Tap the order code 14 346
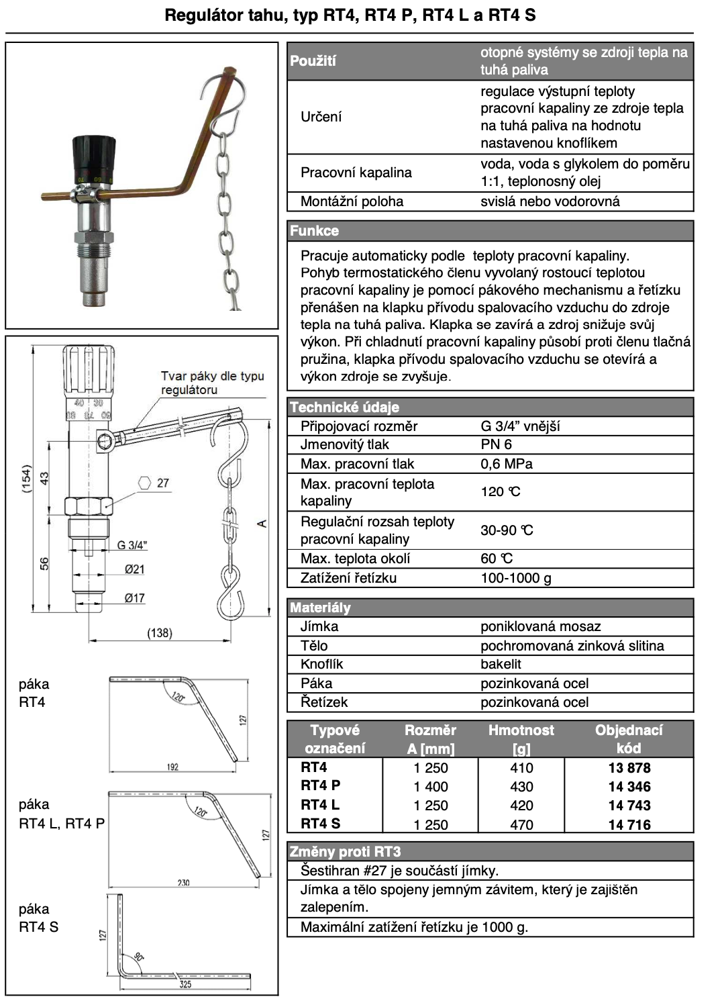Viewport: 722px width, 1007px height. coord(629,787)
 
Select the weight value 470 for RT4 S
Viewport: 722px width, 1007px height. coord(521,824)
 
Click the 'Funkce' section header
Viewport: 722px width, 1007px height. coord(315,231)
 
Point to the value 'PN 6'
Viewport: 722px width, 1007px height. coord(497,444)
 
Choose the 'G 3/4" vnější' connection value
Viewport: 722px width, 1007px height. coord(520,426)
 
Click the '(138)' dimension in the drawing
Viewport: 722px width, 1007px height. coord(160,633)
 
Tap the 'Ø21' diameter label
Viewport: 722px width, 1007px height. coord(134,569)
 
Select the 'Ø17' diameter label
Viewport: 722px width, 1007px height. coord(134,598)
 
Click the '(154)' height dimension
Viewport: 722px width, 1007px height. coord(26,479)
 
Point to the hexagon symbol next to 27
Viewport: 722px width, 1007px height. coord(144,483)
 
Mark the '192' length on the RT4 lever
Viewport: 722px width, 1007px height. coord(172,767)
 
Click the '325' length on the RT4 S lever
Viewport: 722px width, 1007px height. coord(185,984)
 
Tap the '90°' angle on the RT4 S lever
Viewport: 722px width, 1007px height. coord(139,957)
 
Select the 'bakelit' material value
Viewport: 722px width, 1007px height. coord(501,664)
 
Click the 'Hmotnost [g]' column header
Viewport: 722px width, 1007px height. coord(521,739)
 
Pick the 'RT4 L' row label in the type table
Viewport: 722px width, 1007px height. coord(320,805)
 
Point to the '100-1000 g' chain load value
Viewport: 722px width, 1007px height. coord(516,578)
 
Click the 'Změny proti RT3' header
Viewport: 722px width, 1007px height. coord(345,852)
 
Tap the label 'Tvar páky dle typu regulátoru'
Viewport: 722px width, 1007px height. coord(212,383)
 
